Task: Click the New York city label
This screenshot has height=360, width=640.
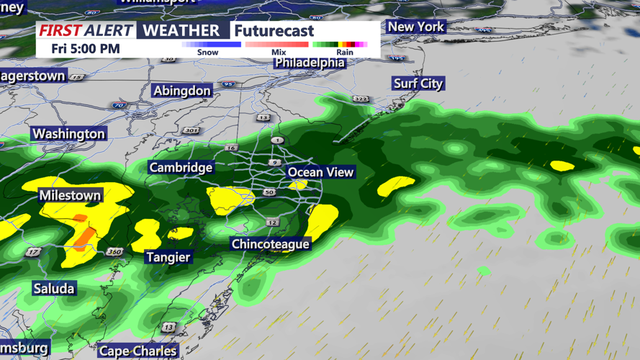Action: point(416,27)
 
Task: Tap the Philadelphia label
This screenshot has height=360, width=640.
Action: point(309,63)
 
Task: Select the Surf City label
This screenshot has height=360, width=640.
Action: point(418,84)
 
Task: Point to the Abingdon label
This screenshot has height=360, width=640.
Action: point(182,91)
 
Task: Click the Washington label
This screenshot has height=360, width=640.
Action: point(69,134)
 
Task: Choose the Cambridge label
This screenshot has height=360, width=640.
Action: point(181,167)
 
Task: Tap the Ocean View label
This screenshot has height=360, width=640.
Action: point(320,172)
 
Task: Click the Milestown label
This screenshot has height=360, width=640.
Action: point(70,195)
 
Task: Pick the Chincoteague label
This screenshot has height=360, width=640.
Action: point(271,244)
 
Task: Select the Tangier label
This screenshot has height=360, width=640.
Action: point(168,257)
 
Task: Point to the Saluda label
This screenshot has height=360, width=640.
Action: point(54,289)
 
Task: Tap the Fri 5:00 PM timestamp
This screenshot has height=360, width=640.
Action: point(86,49)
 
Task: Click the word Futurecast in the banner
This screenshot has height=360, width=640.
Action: point(274,31)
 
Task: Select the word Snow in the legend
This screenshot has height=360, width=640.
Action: point(207,52)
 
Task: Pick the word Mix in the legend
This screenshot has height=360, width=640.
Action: point(279,52)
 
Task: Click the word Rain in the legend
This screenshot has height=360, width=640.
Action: point(345,52)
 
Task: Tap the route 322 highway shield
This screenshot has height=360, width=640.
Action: point(361,99)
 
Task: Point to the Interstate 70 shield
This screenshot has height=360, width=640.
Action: point(119,106)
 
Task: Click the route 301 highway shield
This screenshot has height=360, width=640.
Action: point(191,130)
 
